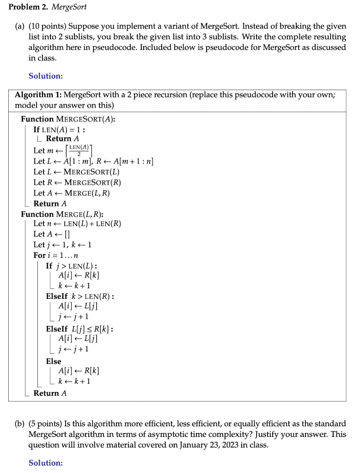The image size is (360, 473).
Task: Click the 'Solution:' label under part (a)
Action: coord(45,76)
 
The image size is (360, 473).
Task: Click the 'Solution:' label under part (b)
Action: coord(45,462)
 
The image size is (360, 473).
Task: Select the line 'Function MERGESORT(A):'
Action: coord(68,119)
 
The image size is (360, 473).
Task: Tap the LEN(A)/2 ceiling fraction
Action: coord(80,150)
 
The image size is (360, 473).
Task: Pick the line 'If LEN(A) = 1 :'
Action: coord(59,129)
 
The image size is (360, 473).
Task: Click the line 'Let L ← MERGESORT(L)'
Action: coord(76,172)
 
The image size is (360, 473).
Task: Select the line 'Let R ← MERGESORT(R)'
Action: coord(77,182)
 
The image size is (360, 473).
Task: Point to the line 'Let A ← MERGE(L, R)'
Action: coord(72,193)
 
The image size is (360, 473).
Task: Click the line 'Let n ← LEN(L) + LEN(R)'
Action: coord(77,224)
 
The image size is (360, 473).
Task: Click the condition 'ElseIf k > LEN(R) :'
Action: coord(80,296)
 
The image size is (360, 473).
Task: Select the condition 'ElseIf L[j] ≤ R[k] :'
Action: coord(80,329)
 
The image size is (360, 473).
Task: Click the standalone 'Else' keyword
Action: coord(54,361)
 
